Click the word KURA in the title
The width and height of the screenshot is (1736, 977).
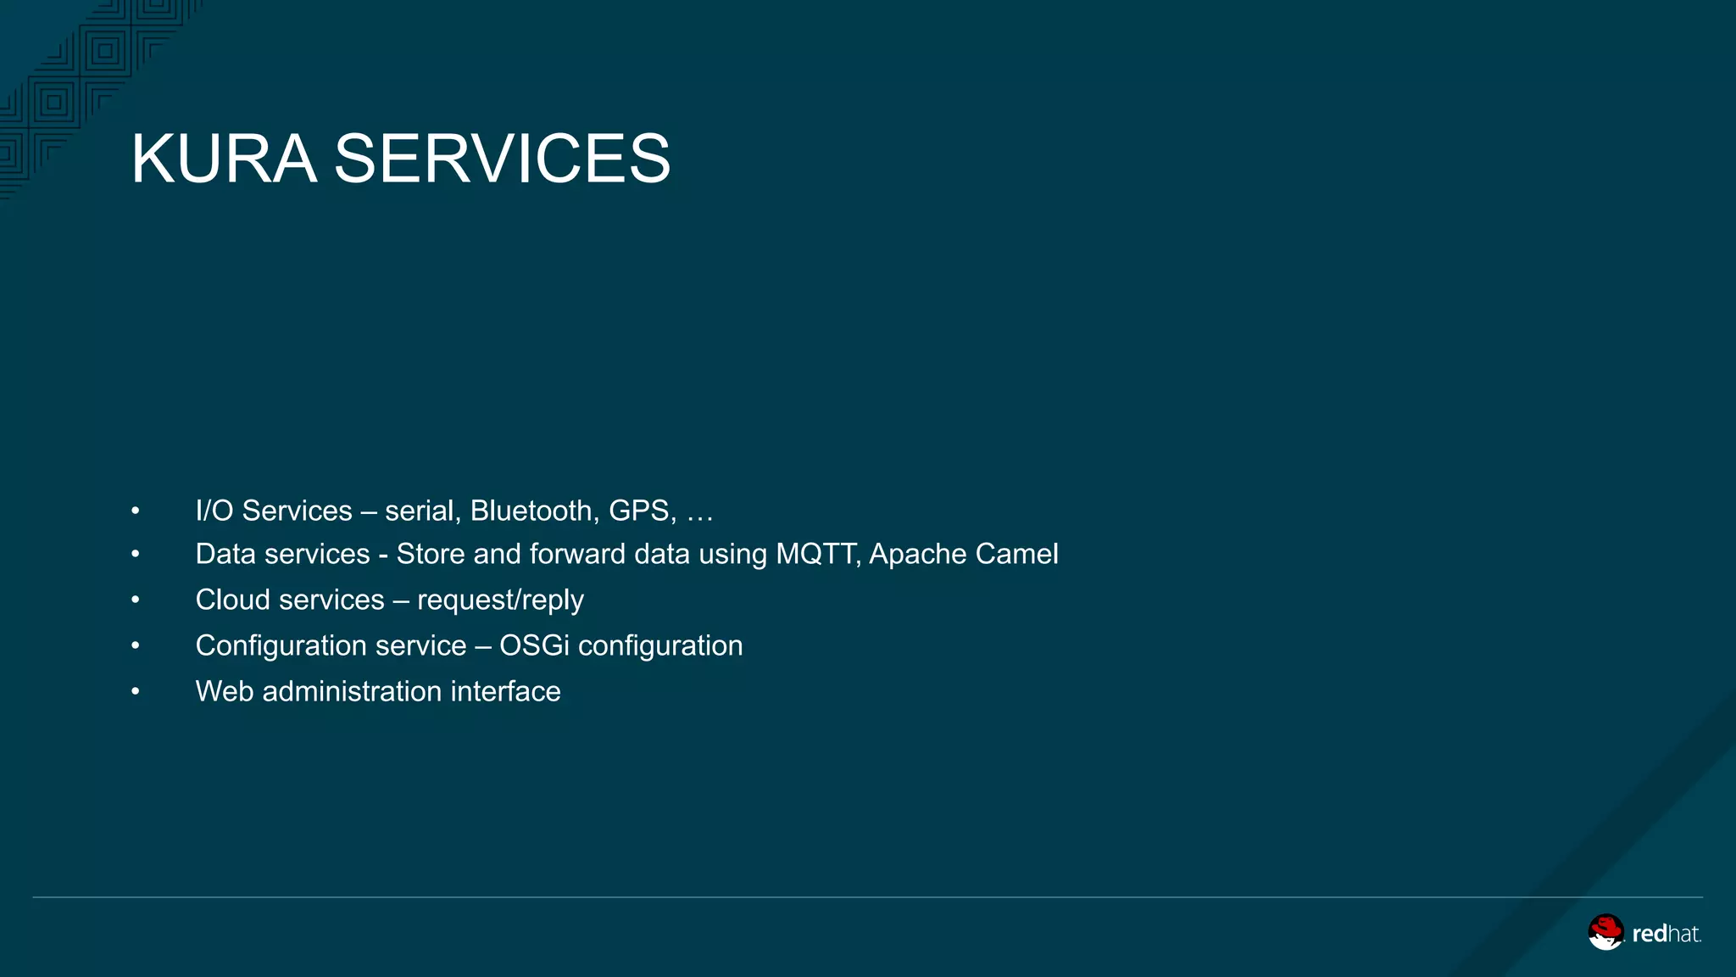(x=224, y=159)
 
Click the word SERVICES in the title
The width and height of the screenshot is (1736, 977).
(x=502, y=159)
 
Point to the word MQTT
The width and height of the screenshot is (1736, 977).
(x=817, y=554)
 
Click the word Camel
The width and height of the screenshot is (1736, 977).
(x=1016, y=554)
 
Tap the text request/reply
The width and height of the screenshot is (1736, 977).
(x=500, y=600)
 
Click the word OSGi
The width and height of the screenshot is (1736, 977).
(x=534, y=645)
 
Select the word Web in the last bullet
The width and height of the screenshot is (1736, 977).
(x=225, y=691)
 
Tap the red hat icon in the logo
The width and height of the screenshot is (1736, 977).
(x=1605, y=931)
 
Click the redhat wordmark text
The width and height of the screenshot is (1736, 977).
(x=1666, y=934)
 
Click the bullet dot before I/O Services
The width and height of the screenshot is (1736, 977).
(x=135, y=511)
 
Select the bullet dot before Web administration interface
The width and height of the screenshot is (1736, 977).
(x=135, y=692)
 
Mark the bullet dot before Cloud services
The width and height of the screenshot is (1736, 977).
(x=135, y=600)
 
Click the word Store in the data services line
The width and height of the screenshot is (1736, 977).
(x=431, y=554)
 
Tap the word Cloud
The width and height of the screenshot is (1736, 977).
(x=232, y=600)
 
